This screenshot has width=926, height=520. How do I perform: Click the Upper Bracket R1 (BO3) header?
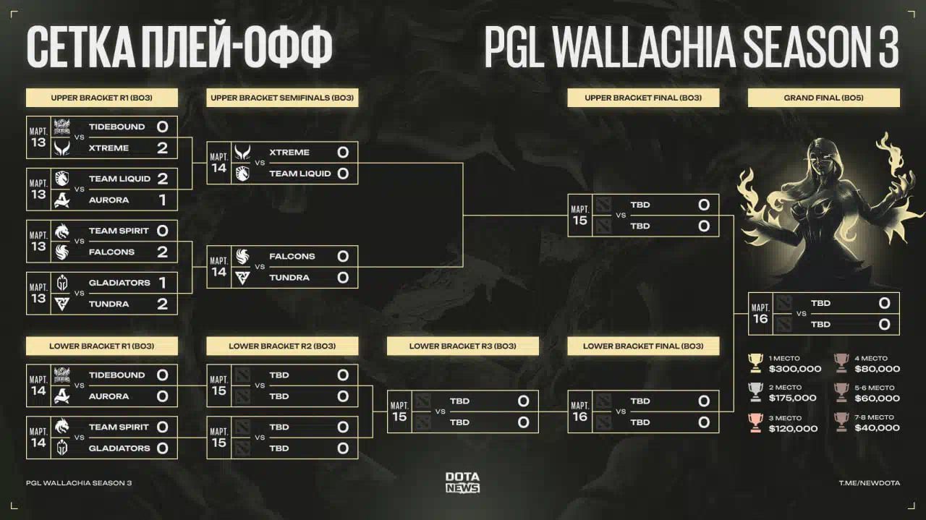[x=102, y=98]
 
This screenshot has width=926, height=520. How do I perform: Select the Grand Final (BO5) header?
[x=823, y=98]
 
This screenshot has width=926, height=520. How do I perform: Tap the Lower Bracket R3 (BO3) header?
[x=462, y=346]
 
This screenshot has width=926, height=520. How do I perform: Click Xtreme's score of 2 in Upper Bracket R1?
[x=163, y=148]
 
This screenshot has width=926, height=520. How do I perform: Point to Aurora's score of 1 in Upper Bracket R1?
[x=163, y=200]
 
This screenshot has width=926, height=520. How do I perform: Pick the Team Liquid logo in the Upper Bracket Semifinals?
[x=242, y=174]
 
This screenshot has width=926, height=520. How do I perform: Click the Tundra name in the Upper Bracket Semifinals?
[x=289, y=278]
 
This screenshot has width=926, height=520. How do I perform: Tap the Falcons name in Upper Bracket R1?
[x=111, y=252]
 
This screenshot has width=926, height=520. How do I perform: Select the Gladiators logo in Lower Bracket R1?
[x=62, y=448]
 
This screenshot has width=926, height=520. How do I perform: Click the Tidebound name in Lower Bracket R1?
[x=117, y=375]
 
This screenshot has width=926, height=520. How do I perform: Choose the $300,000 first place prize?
[x=795, y=369]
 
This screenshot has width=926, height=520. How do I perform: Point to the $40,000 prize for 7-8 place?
[x=878, y=428]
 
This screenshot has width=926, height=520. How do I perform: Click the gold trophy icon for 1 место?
[x=756, y=363]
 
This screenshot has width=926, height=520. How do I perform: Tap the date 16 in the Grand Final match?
[x=760, y=319]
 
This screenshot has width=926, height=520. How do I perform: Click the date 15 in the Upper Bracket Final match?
[x=580, y=221]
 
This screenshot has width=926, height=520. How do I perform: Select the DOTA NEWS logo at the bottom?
[x=462, y=482]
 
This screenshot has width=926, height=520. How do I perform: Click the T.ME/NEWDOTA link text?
[x=870, y=483]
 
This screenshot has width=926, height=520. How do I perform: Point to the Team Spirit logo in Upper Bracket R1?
[x=62, y=231]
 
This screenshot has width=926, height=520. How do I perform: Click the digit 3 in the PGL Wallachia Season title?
[x=887, y=46]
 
